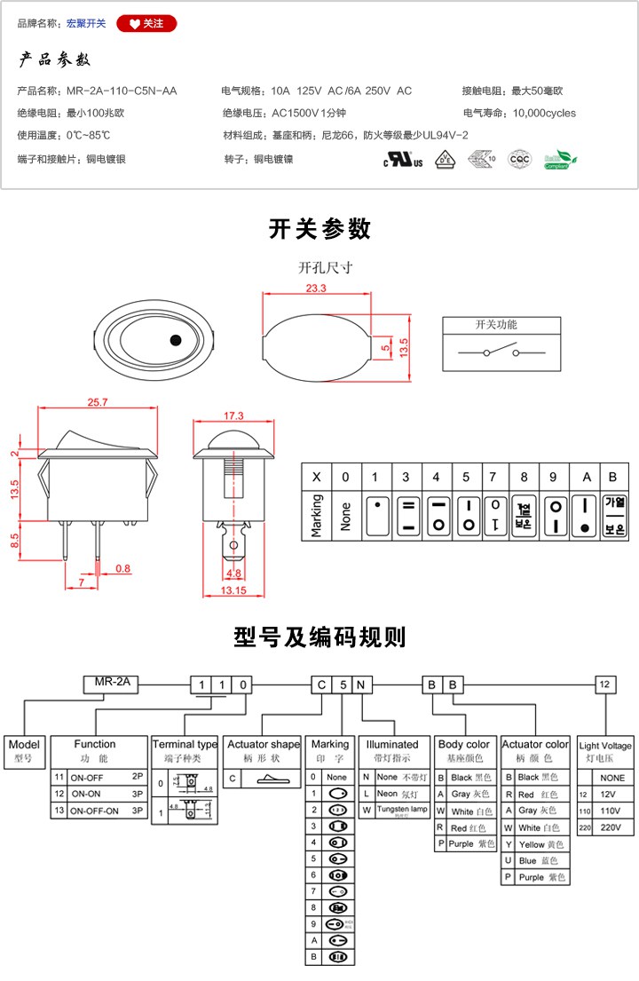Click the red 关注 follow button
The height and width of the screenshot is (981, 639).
[x=146, y=24]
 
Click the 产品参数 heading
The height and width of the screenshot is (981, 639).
[x=55, y=60]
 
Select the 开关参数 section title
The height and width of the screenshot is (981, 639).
[x=319, y=229]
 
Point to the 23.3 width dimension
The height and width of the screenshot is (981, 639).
[x=316, y=289]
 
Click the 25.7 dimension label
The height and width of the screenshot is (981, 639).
[x=98, y=402]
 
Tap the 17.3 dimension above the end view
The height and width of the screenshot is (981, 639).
[x=233, y=415]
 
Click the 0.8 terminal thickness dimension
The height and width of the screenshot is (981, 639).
[x=122, y=568]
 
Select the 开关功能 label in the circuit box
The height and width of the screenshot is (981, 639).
[x=496, y=325]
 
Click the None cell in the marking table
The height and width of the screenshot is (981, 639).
[x=346, y=513]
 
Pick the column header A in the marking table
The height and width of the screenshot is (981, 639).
[x=585, y=477]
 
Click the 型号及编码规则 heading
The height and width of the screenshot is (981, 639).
[x=319, y=637]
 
